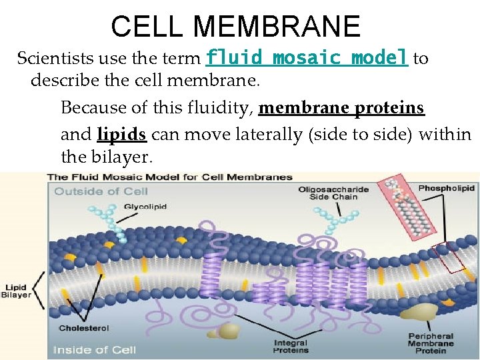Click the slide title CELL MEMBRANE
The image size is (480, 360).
point(235,27)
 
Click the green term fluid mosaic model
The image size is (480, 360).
point(307,58)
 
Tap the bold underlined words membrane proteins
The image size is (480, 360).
point(341,108)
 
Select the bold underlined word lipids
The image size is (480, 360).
point(121,134)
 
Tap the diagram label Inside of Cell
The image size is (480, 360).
point(94,349)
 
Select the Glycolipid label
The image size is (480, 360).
point(141,206)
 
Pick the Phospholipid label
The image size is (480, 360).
point(445,188)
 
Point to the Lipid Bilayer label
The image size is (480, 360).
point(16,291)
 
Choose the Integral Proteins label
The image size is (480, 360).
point(291,347)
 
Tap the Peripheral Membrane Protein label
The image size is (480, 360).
point(431,344)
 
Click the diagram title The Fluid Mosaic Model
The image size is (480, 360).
point(169,177)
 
